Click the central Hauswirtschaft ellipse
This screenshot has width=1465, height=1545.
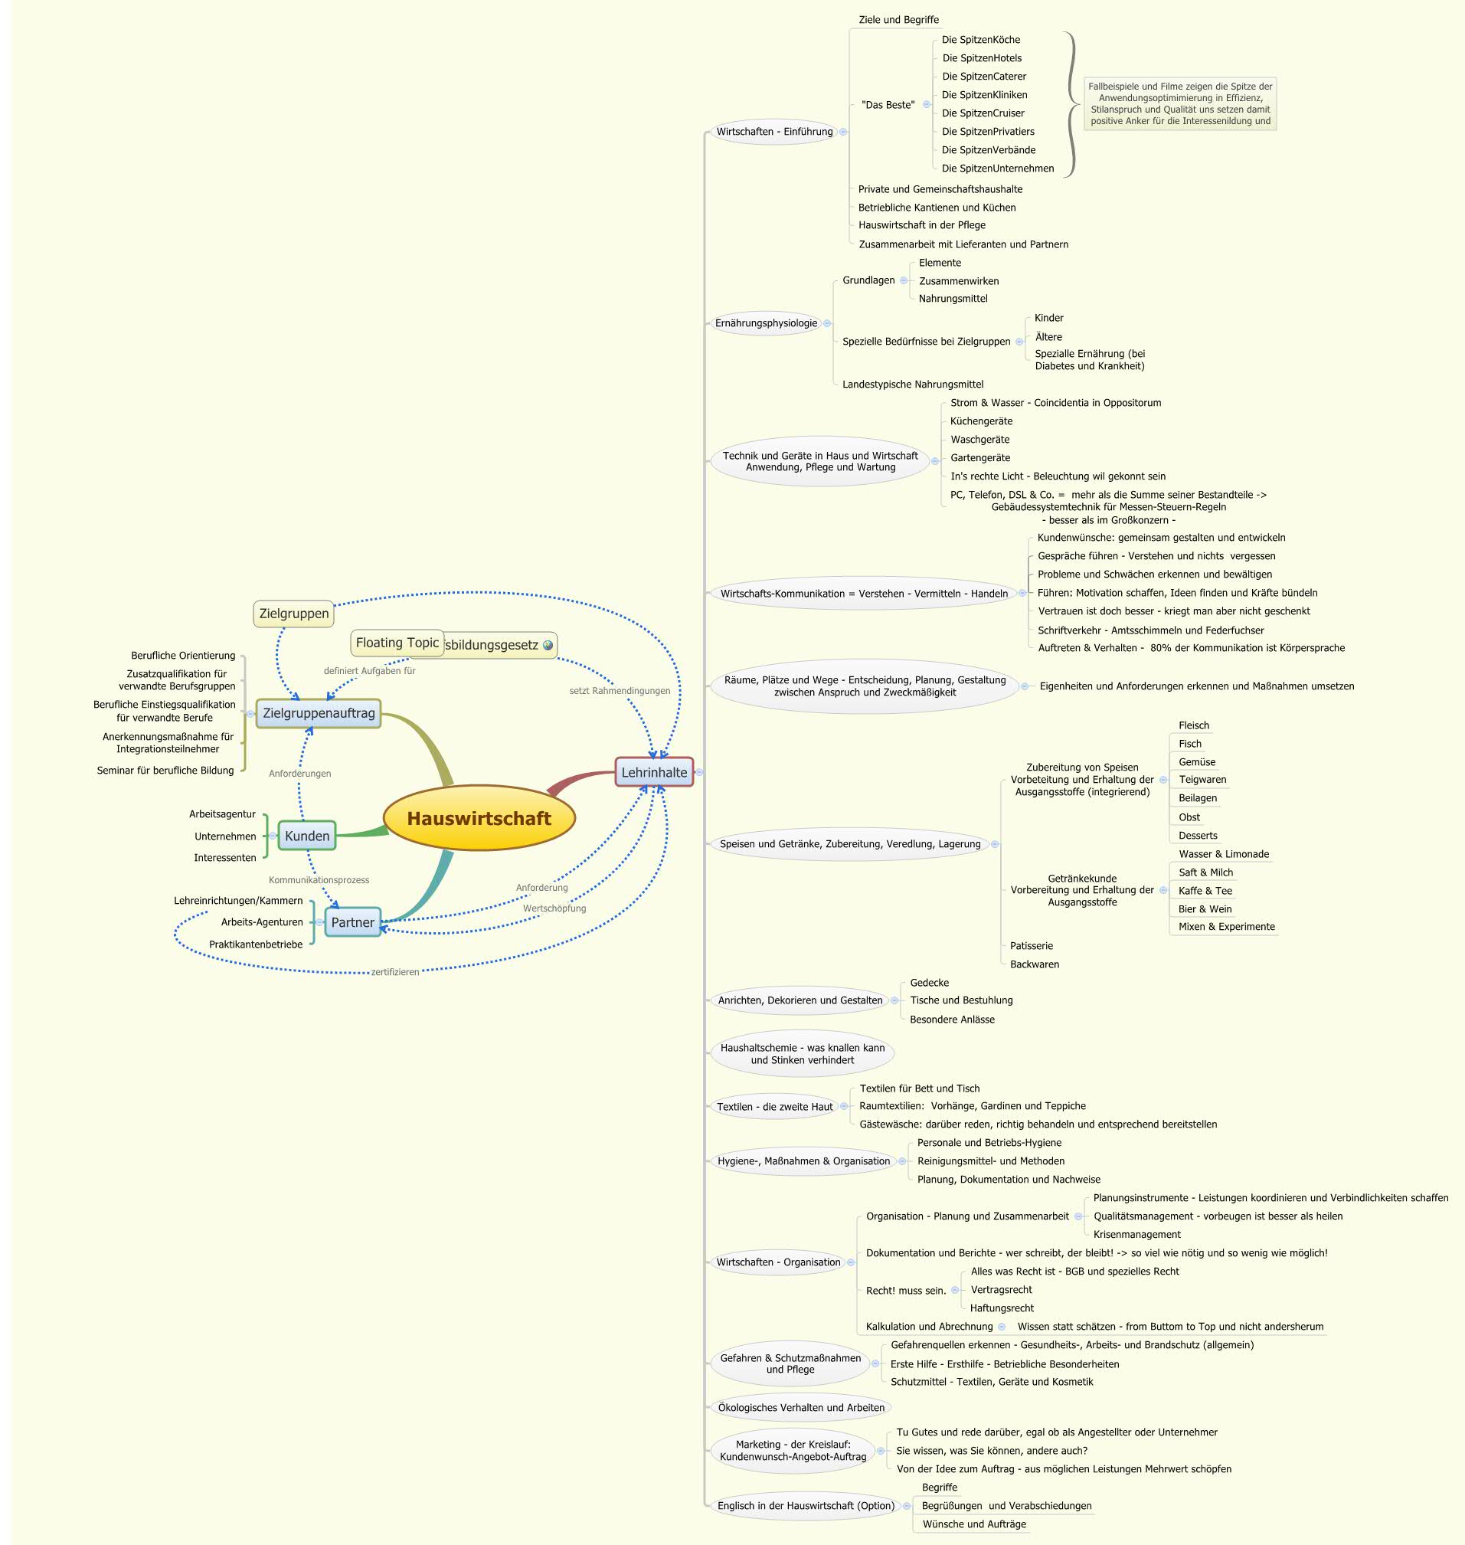[x=479, y=818]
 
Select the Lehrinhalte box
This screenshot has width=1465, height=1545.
[x=654, y=771]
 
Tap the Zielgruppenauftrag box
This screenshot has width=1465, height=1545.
[x=319, y=712]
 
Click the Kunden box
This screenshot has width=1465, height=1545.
[x=307, y=836]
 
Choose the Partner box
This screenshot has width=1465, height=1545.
[x=352, y=921]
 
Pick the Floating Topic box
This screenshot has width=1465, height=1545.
[x=397, y=643]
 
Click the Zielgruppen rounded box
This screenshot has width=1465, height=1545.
[x=293, y=613]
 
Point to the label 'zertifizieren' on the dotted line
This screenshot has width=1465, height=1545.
[x=395, y=972]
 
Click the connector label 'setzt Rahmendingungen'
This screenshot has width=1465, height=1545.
[x=620, y=690]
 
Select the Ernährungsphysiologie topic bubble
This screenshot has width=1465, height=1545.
[x=766, y=322]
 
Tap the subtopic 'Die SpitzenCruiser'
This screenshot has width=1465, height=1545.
[x=983, y=113]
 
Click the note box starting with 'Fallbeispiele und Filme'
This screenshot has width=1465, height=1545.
[x=1180, y=103]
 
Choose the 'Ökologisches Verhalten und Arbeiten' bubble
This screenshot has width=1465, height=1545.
[x=801, y=1408]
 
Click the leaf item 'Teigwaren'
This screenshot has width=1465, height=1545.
[x=1202, y=780]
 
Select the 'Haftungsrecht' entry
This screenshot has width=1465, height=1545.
[x=1002, y=1308]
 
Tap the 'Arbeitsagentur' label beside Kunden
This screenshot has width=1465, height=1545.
[x=222, y=814]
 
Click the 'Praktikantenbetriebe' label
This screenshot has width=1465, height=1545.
[x=255, y=944]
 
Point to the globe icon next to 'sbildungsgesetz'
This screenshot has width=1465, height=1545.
[x=548, y=645]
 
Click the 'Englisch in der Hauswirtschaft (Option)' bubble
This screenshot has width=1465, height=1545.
[x=805, y=1505]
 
